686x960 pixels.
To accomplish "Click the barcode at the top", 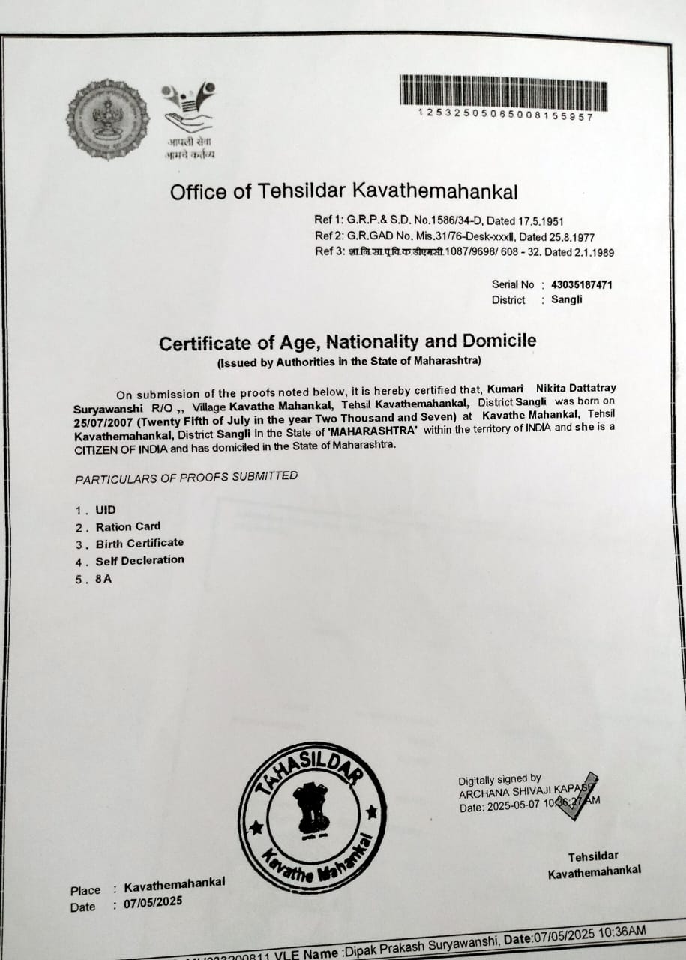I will pyautogui.click(x=503, y=92).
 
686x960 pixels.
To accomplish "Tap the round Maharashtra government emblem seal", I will pyautogui.click(x=107, y=119).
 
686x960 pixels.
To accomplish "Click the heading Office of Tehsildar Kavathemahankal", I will pyautogui.click(x=343, y=192).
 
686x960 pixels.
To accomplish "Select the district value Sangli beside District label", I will pyautogui.click(x=567, y=300).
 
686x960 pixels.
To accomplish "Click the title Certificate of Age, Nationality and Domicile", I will pyautogui.click(x=347, y=342).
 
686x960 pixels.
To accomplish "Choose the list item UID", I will pyautogui.click(x=106, y=510).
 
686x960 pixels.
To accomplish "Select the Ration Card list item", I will pyautogui.click(x=127, y=526).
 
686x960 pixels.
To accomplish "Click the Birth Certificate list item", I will pyautogui.click(x=139, y=543).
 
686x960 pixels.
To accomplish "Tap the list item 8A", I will pyautogui.click(x=103, y=578).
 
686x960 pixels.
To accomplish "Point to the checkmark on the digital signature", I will pyautogui.click(x=578, y=794).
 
